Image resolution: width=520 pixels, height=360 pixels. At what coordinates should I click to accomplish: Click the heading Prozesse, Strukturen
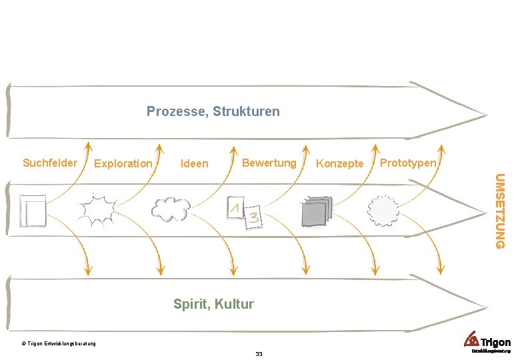pyautogui.click(x=213, y=111)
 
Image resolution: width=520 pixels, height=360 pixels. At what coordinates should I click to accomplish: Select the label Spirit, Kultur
pyautogui.click(x=213, y=304)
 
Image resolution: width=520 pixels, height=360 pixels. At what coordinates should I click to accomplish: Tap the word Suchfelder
pyautogui.click(x=50, y=163)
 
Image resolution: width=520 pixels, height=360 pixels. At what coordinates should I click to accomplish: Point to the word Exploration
pyautogui.click(x=123, y=163)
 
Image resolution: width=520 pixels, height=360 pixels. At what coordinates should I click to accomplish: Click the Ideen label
pyautogui.click(x=195, y=163)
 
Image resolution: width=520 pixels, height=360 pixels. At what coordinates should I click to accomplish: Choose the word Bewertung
pyautogui.click(x=269, y=163)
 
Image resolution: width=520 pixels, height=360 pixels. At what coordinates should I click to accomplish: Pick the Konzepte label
pyautogui.click(x=339, y=163)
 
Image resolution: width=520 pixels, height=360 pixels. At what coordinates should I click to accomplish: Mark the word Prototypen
pyautogui.click(x=408, y=163)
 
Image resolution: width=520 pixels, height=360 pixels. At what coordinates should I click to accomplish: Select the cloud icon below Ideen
pyautogui.click(x=171, y=209)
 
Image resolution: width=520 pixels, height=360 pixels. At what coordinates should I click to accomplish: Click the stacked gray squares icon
pyautogui.click(x=316, y=211)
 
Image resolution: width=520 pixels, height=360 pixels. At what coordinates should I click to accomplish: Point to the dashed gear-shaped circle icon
pyautogui.click(x=383, y=211)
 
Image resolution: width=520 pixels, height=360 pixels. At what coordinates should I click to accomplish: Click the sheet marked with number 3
pyautogui.click(x=254, y=217)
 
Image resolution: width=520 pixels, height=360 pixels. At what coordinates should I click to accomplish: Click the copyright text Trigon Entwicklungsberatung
pyautogui.click(x=59, y=344)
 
